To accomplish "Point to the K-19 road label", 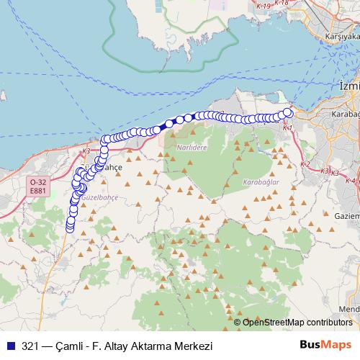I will click(x=263, y=6).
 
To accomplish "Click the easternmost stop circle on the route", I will click(x=288, y=112).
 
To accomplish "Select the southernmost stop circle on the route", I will click(x=70, y=228).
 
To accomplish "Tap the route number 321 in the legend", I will click(x=30, y=344).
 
